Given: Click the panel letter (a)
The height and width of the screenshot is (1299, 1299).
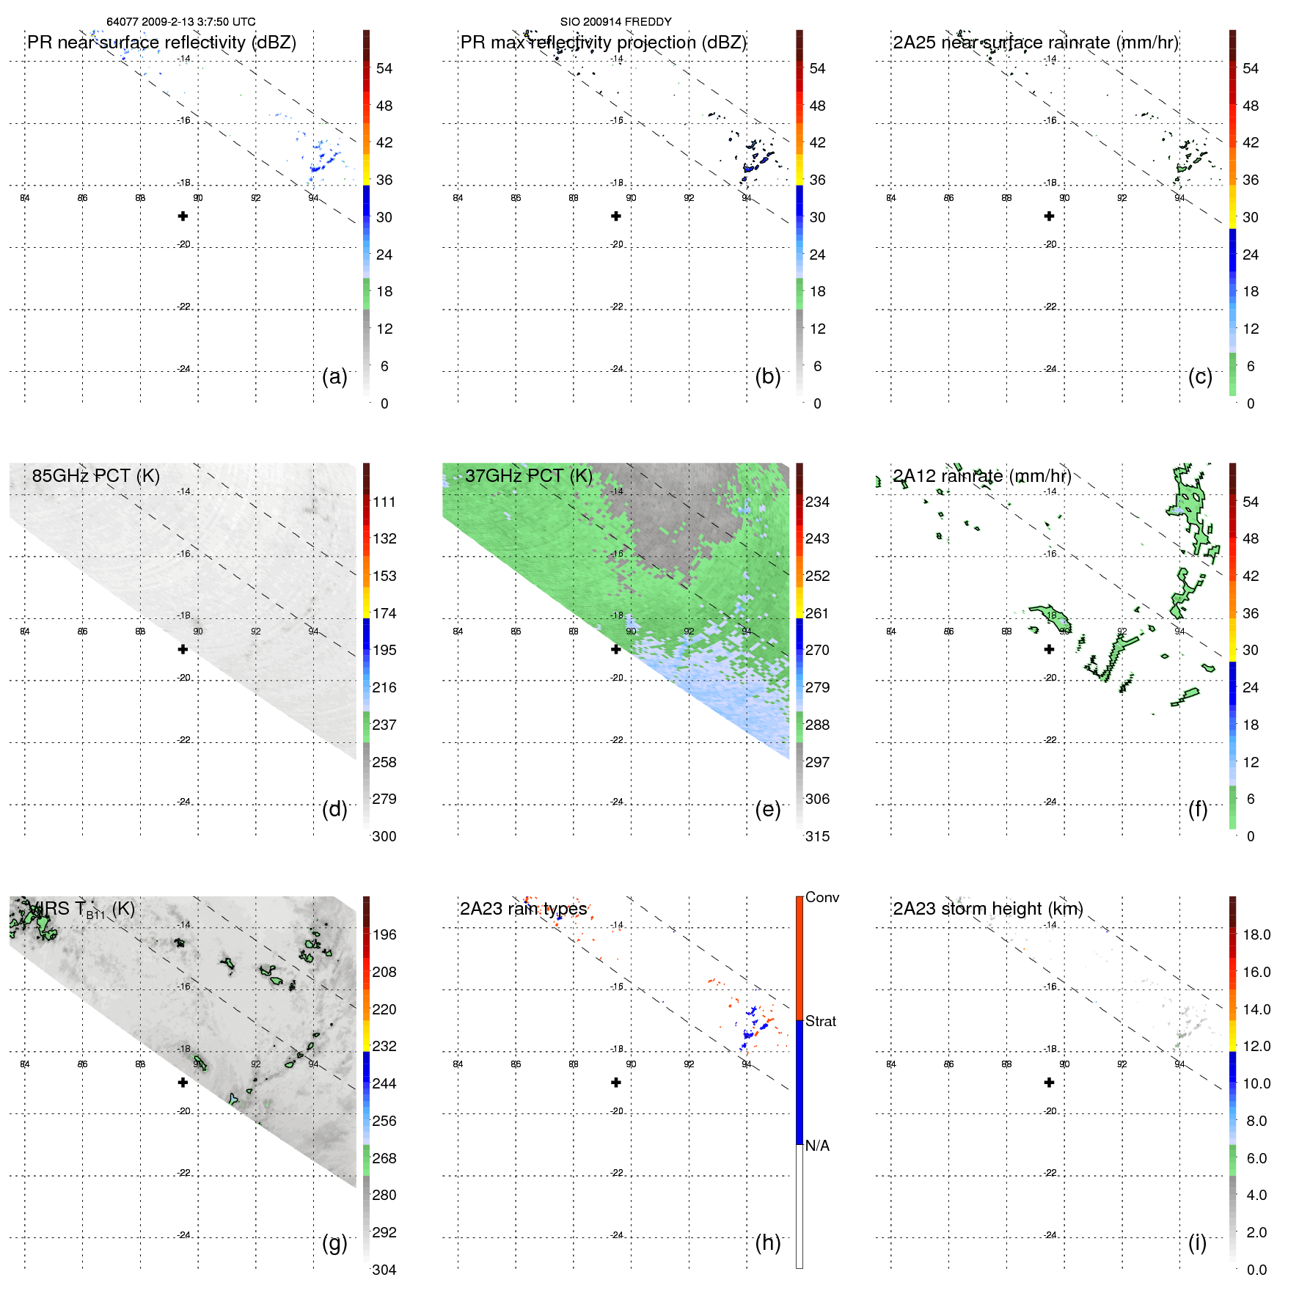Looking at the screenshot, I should pyautogui.click(x=334, y=377).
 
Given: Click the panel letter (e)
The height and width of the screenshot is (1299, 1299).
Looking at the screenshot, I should pyautogui.click(x=767, y=810).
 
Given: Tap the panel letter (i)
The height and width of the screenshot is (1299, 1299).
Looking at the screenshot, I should pyautogui.click(x=1197, y=1243).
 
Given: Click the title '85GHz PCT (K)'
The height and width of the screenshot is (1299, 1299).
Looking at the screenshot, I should pyautogui.click(x=95, y=476).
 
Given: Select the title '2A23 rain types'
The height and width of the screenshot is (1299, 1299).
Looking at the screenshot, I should pyautogui.click(x=523, y=909).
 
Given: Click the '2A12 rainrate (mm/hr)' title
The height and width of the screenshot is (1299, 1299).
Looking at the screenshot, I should pyautogui.click(x=981, y=476).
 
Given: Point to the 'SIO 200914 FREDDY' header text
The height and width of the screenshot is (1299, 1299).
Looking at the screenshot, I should pyautogui.click(x=615, y=22).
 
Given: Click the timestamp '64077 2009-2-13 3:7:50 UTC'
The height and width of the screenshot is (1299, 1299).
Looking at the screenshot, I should pyautogui.click(x=181, y=22).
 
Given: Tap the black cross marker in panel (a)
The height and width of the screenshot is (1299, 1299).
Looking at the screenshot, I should pyautogui.click(x=183, y=216).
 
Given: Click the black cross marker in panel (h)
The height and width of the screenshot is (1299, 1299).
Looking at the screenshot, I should pyautogui.click(x=615, y=1083).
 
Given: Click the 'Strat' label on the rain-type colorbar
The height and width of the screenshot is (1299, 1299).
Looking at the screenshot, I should pyautogui.click(x=820, y=1022).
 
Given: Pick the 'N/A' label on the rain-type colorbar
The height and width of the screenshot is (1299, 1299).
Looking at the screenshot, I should pyautogui.click(x=817, y=1146).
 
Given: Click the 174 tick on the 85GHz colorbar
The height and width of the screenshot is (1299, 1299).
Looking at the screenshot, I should pyautogui.click(x=384, y=613).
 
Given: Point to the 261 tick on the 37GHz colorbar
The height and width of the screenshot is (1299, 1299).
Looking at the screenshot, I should pyautogui.click(x=817, y=613).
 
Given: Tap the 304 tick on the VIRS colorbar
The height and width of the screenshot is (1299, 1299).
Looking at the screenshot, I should pyautogui.click(x=384, y=1270).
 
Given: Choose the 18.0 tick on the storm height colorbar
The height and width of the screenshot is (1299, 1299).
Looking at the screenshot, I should pyautogui.click(x=1256, y=935).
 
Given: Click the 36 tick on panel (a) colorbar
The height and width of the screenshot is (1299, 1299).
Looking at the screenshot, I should pyautogui.click(x=384, y=180).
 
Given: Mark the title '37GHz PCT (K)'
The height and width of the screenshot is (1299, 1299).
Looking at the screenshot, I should pyautogui.click(x=528, y=476).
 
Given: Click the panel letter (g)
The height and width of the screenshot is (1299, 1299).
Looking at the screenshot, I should pyautogui.click(x=334, y=1243).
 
